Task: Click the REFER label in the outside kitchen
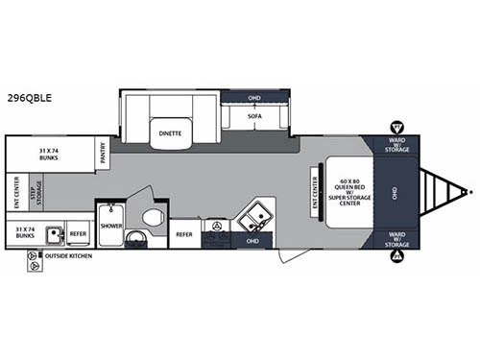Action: click(x=79, y=232)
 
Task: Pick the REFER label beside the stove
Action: click(x=184, y=233)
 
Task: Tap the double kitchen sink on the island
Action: click(x=254, y=217)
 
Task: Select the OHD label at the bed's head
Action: click(x=396, y=191)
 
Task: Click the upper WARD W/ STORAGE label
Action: click(x=396, y=146)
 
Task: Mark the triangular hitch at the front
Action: click(x=444, y=191)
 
